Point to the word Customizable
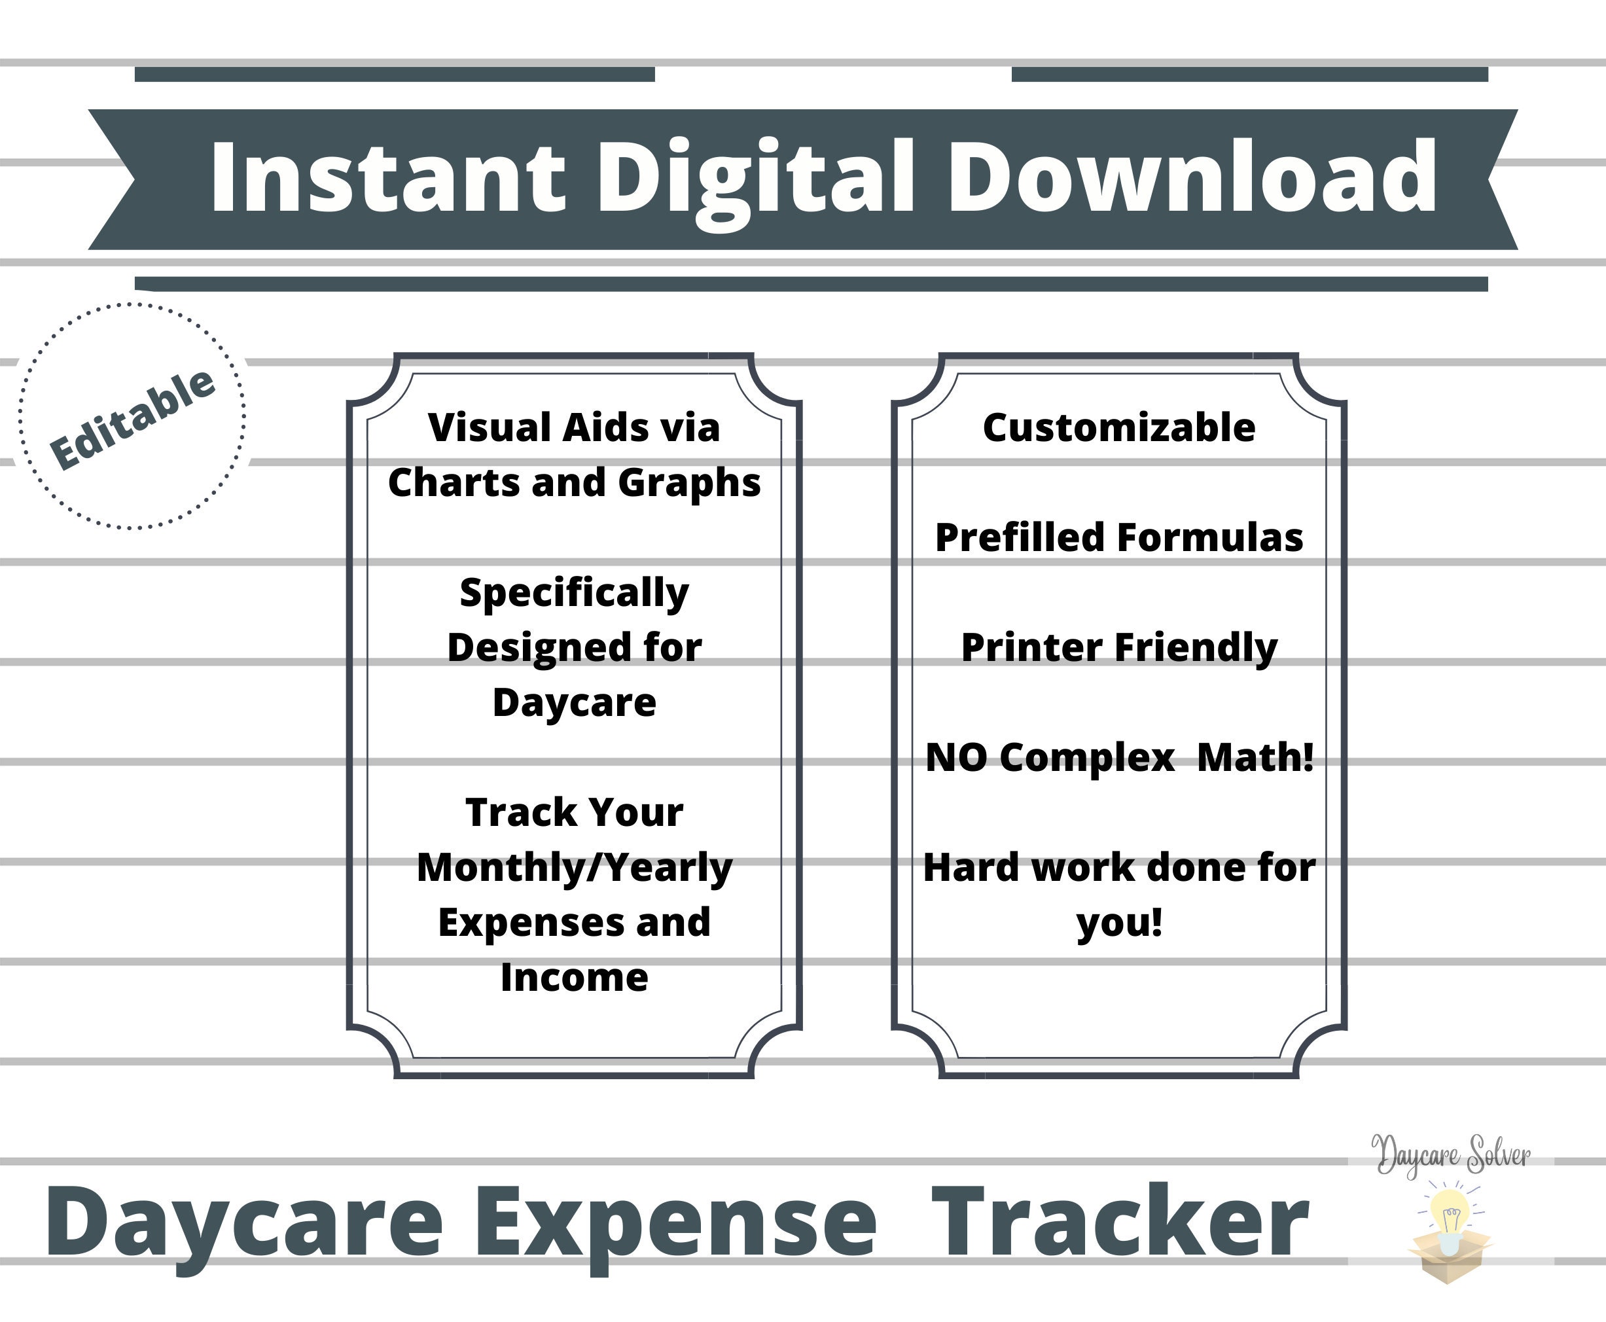1118,427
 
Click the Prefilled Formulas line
1118,537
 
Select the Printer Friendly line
1118,648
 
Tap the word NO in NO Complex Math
956,758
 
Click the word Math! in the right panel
1255,758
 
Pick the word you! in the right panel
1119,923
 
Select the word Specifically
574,593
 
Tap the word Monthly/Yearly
574,868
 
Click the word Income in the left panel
574,977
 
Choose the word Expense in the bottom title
675,1224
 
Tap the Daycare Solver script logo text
1451,1156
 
